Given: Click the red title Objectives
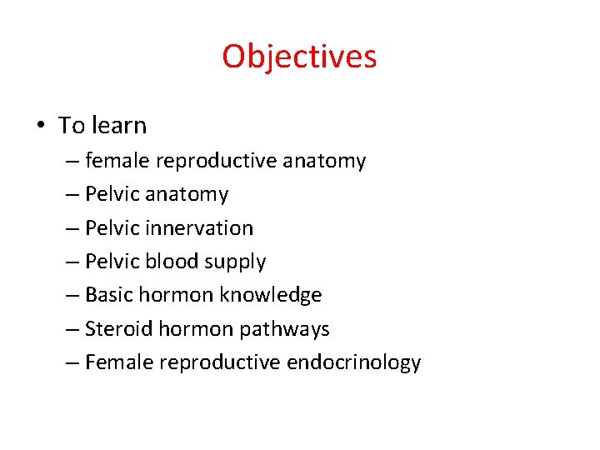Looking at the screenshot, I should tap(299, 57).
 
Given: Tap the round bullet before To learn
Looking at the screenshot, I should tap(40, 126).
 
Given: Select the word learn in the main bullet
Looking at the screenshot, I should tap(119, 125).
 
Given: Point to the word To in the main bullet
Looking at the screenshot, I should tap(72, 125).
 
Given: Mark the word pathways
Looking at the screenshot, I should tap(284, 329).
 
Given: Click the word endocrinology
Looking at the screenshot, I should tap(353, 363).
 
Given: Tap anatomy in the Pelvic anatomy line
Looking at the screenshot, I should tap(187, 194).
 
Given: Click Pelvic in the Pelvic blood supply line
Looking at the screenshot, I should tap(113, 261).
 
